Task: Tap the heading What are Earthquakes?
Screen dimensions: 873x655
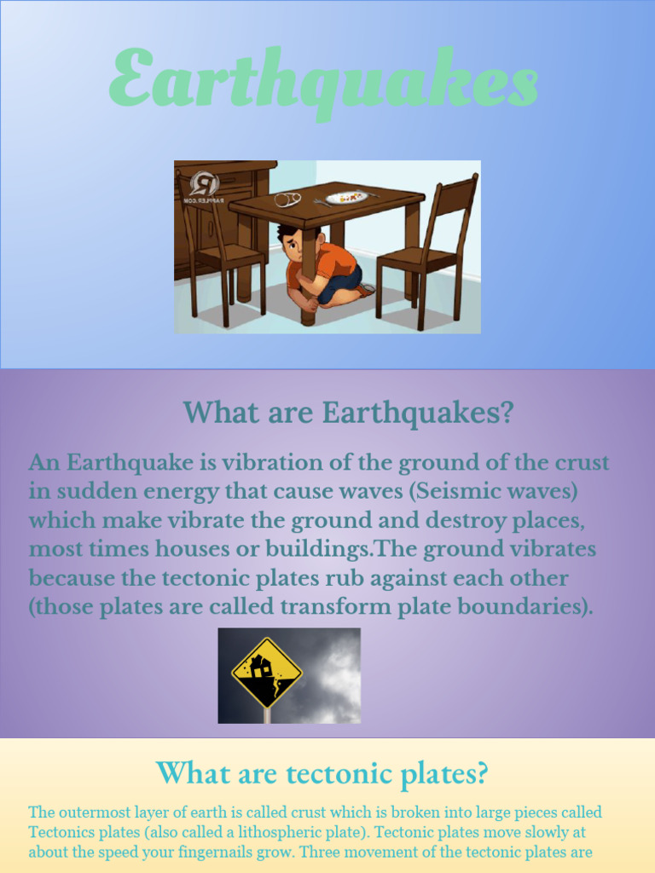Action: click(349, 413)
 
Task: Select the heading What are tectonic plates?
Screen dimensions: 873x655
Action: click(322, 773)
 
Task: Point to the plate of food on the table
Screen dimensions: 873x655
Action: click(346, 196)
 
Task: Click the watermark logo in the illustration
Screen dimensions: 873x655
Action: click(203, 186)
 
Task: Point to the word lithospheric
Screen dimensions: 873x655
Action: click(302, 832)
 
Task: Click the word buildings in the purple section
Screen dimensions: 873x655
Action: click(313, 550)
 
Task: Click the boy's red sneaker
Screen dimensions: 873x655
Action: click(366, 290)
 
